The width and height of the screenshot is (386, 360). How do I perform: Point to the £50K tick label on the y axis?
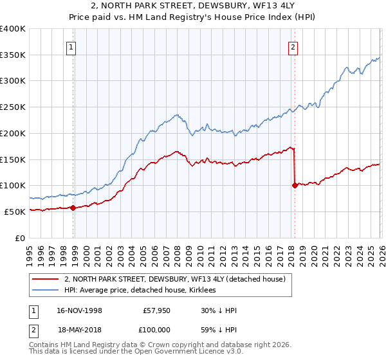click(15, 212)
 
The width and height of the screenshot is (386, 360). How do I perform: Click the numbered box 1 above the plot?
click(70, 46)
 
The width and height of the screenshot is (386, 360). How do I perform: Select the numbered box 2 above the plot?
click(293, 46)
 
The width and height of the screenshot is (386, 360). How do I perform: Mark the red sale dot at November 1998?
click(73, 208)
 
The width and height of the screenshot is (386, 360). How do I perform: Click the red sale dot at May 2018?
click(295, 185)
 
